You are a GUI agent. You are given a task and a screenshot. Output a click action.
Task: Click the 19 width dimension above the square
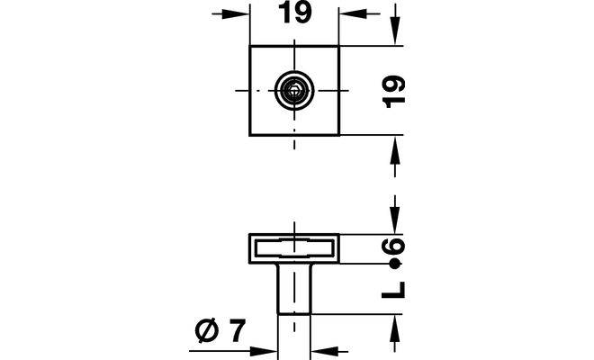[295, 14]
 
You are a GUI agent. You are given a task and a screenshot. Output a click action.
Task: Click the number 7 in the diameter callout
[236, 332]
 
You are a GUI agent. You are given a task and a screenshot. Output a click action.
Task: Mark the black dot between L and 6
[394, 265]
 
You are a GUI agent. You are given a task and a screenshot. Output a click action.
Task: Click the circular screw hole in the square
[294, 90]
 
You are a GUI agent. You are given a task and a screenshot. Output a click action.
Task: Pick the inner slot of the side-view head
[294, 247]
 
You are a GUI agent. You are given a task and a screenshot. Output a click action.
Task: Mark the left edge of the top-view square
[251, 90]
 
